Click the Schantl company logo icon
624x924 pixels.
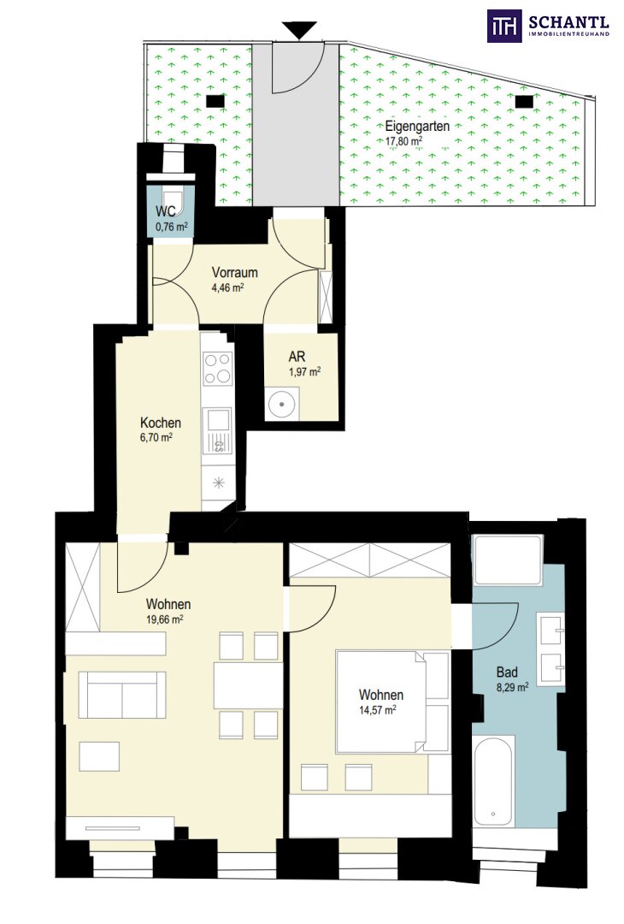pyautogui.click(x=504, y=26)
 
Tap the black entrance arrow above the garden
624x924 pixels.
pyautogui.click(x=299, y=29)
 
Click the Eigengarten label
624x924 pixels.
pyautogui.click(x=417, y=126)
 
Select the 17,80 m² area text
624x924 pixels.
pyautogui.click(x=403, y=141)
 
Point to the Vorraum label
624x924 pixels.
pyautogui.click(x=235, y=273)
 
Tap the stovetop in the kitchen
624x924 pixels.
pyautogui.click(x=218, y=368)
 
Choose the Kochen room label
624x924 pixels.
pyautogui.click(x=160, y=423)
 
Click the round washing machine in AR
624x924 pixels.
pyautogui.click(x=282, y=404)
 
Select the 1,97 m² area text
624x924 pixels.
pyautogui.click(x=304, y=372)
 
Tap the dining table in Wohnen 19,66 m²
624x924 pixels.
pyautogui.click(x=249, y=686)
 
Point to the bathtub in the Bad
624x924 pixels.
pyautogui.click(x=494, y=780)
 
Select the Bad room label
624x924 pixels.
pyautogui.click(x=507, y=672)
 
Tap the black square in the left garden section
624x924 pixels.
pyautogui.click(x=215, y=101)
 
